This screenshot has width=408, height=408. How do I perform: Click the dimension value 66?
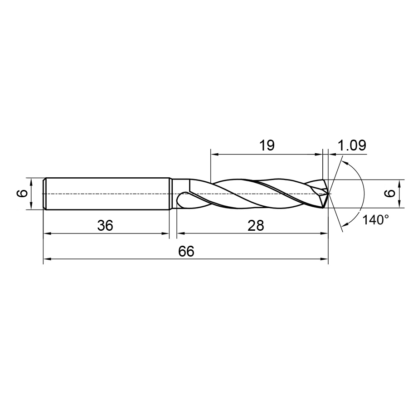(x=186, y=251)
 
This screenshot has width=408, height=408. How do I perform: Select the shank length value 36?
(x=105, y=225)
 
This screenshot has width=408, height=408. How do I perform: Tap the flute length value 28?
(x=256, y=225)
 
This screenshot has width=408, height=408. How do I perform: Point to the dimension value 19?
(x=267, y=145)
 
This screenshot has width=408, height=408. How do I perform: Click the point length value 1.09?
(x=352, y=145)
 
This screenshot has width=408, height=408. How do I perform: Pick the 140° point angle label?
(x=376, y=220)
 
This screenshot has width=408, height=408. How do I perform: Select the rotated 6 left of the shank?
(x=23, y=193)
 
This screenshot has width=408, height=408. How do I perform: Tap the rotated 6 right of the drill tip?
(x=390, y=193)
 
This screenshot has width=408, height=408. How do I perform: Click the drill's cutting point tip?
(x=328, y=194)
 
